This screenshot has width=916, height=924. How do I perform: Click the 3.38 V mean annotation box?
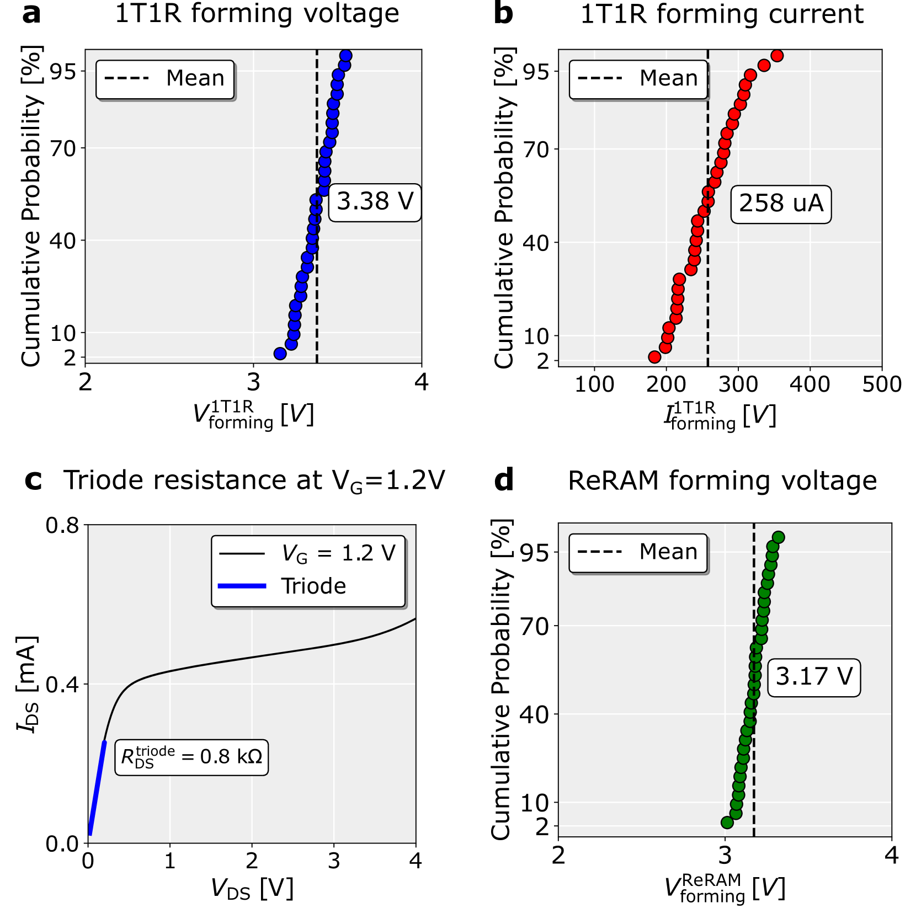coord(375,202)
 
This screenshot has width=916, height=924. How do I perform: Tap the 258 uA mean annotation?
coord(781,204)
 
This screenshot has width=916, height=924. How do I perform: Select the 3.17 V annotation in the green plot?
coord(814,677)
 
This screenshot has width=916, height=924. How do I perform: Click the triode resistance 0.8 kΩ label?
coord(191,757)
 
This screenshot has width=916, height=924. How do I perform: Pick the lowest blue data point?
coord(280,354)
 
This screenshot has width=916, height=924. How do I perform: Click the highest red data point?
coord(777,56)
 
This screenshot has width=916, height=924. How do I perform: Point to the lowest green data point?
coord(727,822)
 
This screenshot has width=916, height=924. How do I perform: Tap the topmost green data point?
coord(778,537)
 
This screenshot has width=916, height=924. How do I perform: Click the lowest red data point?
coord(654,357)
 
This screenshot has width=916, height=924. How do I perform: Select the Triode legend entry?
coord(313,586)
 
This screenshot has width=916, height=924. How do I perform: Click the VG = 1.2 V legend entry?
coord(338,553)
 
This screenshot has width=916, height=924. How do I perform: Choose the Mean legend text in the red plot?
coord(669,78)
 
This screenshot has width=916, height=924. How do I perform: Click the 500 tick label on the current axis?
coord(881,384)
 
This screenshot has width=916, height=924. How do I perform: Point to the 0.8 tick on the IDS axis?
coord(62,525)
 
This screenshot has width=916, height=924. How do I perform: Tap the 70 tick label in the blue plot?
coord(63,148)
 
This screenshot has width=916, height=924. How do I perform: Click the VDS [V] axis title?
coord(252,889)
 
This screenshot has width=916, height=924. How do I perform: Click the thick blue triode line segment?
coord(97,787)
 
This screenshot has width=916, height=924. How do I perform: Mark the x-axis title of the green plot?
coord(725,889)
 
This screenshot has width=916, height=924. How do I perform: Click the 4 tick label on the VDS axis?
coord(416,861)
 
